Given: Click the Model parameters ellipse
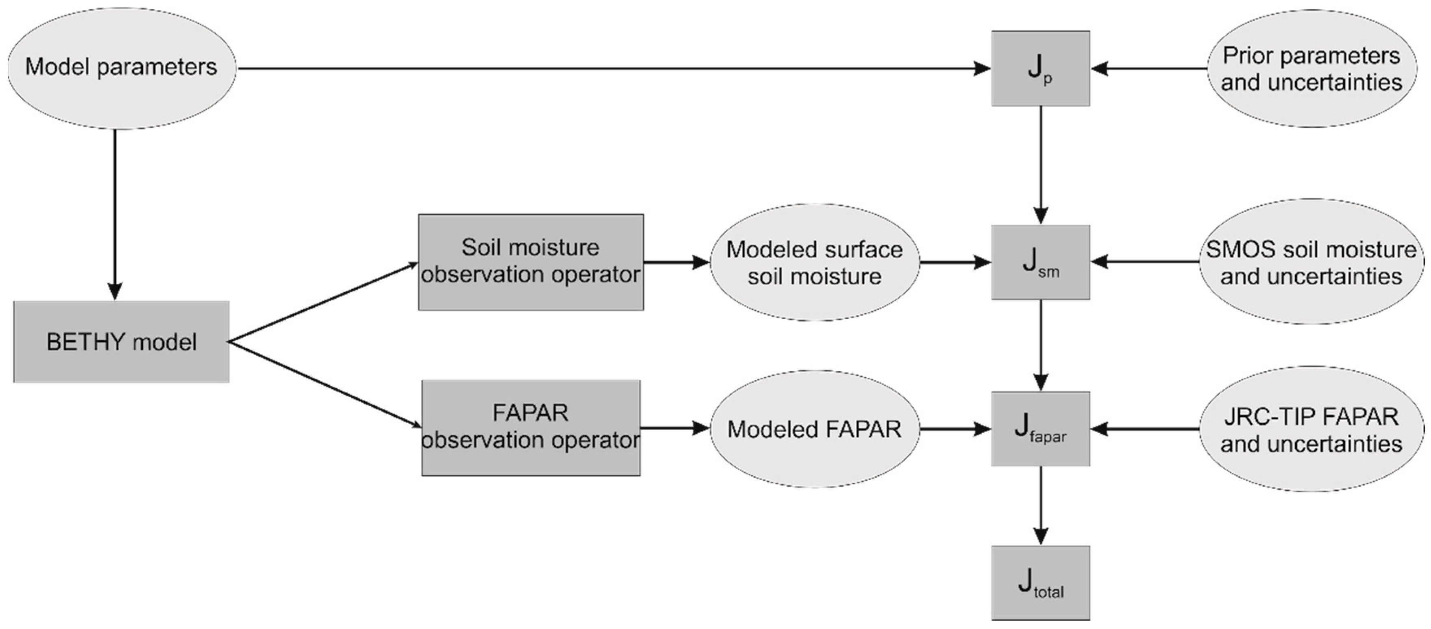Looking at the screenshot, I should click(121, 68).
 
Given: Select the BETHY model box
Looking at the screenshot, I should click(121, 342).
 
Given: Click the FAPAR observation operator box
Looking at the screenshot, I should click(531, 427).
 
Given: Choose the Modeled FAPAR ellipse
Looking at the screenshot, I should click(814, 429).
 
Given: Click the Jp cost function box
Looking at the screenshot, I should click(1040, 68).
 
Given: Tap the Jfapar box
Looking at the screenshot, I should click(1040, 429).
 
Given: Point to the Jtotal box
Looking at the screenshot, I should click(1040, 582).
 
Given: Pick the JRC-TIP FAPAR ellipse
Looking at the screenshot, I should click(1311, 429).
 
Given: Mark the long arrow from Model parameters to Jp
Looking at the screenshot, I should click(611, 68).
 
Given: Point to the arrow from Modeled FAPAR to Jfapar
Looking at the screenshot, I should click(955, 429).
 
